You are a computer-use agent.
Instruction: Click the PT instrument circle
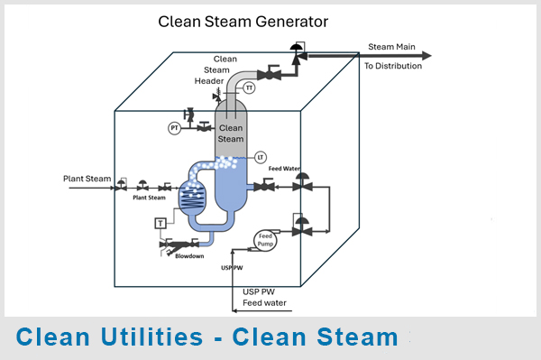[175, 128]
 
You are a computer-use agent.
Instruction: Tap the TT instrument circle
[249, 88]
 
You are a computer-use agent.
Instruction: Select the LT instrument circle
[261, 157]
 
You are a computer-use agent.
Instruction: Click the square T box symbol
[160, 224]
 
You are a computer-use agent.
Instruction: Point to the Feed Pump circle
[265, 240]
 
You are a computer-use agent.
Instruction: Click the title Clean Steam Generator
[243, 22]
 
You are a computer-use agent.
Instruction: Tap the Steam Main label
[391, 47]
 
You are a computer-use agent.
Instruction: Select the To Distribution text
[393, 66]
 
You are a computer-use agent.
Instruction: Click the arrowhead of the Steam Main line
[427, 55]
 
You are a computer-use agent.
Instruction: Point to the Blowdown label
[189, 256]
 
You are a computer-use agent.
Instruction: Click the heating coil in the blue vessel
[192, 199]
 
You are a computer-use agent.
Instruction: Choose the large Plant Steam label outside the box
[87, 179]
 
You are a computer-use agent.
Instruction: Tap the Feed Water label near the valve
[284, 169]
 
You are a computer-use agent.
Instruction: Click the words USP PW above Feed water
[259, 291]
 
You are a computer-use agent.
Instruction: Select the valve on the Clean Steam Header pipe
[269, 74]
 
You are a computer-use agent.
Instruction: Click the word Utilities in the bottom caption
[151, 337]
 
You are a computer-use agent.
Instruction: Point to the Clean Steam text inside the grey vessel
[231, 134]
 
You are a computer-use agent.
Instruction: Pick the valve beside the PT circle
[205, 127]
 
